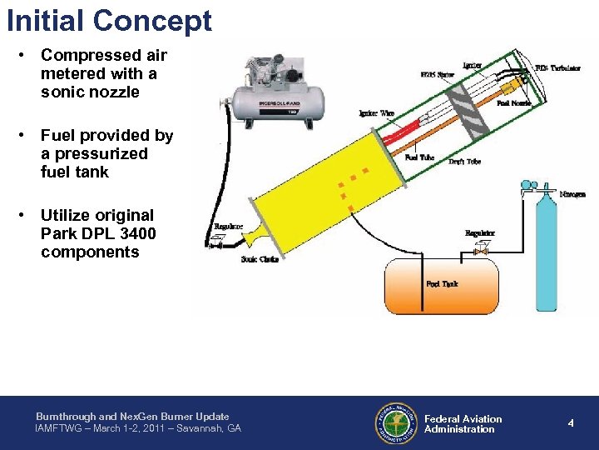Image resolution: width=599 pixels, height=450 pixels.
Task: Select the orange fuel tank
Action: pos(441,286)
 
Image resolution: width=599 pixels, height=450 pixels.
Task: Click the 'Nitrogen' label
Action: pos(572,194)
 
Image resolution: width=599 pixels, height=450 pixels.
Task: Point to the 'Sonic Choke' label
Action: pos(260,259)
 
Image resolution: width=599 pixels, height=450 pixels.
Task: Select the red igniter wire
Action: pos(399,132)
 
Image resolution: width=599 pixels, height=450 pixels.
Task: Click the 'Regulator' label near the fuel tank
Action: pos(480,233)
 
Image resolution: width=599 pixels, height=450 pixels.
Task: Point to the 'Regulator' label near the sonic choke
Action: pos(228,226)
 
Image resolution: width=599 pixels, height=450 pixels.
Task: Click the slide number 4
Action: pos(571,423)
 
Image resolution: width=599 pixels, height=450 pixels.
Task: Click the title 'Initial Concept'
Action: pos(109,20)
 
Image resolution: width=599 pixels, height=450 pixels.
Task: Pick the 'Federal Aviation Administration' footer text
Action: pos(463,424)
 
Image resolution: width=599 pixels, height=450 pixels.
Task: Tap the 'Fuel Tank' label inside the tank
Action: pos(442,284)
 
